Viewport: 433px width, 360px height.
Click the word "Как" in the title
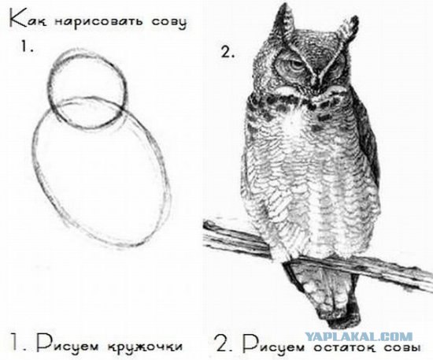[x=24, y=18]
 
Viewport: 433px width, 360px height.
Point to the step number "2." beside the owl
[x=229, y=52]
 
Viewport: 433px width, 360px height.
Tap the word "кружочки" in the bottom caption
[x=142, y=345]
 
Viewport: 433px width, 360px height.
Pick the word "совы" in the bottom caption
[x=399, y=346]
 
